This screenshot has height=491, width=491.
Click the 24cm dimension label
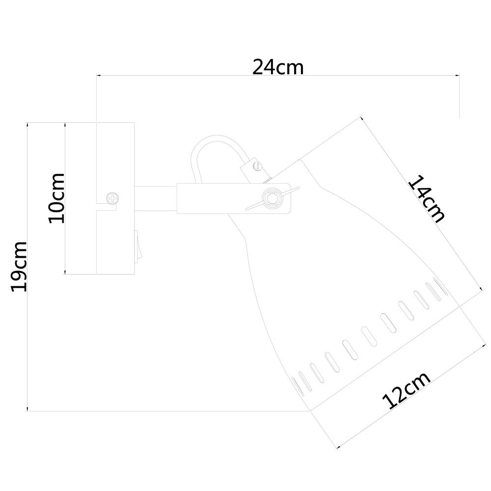pos(278,67)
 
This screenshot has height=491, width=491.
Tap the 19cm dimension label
pos(19,267)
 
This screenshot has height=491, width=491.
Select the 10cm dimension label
pos(56,198)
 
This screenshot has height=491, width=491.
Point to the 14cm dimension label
pos(427,199)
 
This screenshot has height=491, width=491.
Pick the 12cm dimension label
pos(406,390)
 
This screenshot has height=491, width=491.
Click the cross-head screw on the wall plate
pos(113,198)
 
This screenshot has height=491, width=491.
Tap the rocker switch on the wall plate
pos(137,246)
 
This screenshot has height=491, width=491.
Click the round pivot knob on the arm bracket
pos(272,198)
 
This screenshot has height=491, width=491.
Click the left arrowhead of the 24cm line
pos(98,76)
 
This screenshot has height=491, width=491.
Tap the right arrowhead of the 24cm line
pos(457,76)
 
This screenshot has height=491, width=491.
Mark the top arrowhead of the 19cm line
pos(27,125)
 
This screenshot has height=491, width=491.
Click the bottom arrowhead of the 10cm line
pos(65,272)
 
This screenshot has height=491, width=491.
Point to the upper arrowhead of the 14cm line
pos(362,119)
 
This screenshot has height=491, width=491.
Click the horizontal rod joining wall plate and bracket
pos(156,198)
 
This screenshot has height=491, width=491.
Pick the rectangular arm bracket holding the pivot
pos(234,198)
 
